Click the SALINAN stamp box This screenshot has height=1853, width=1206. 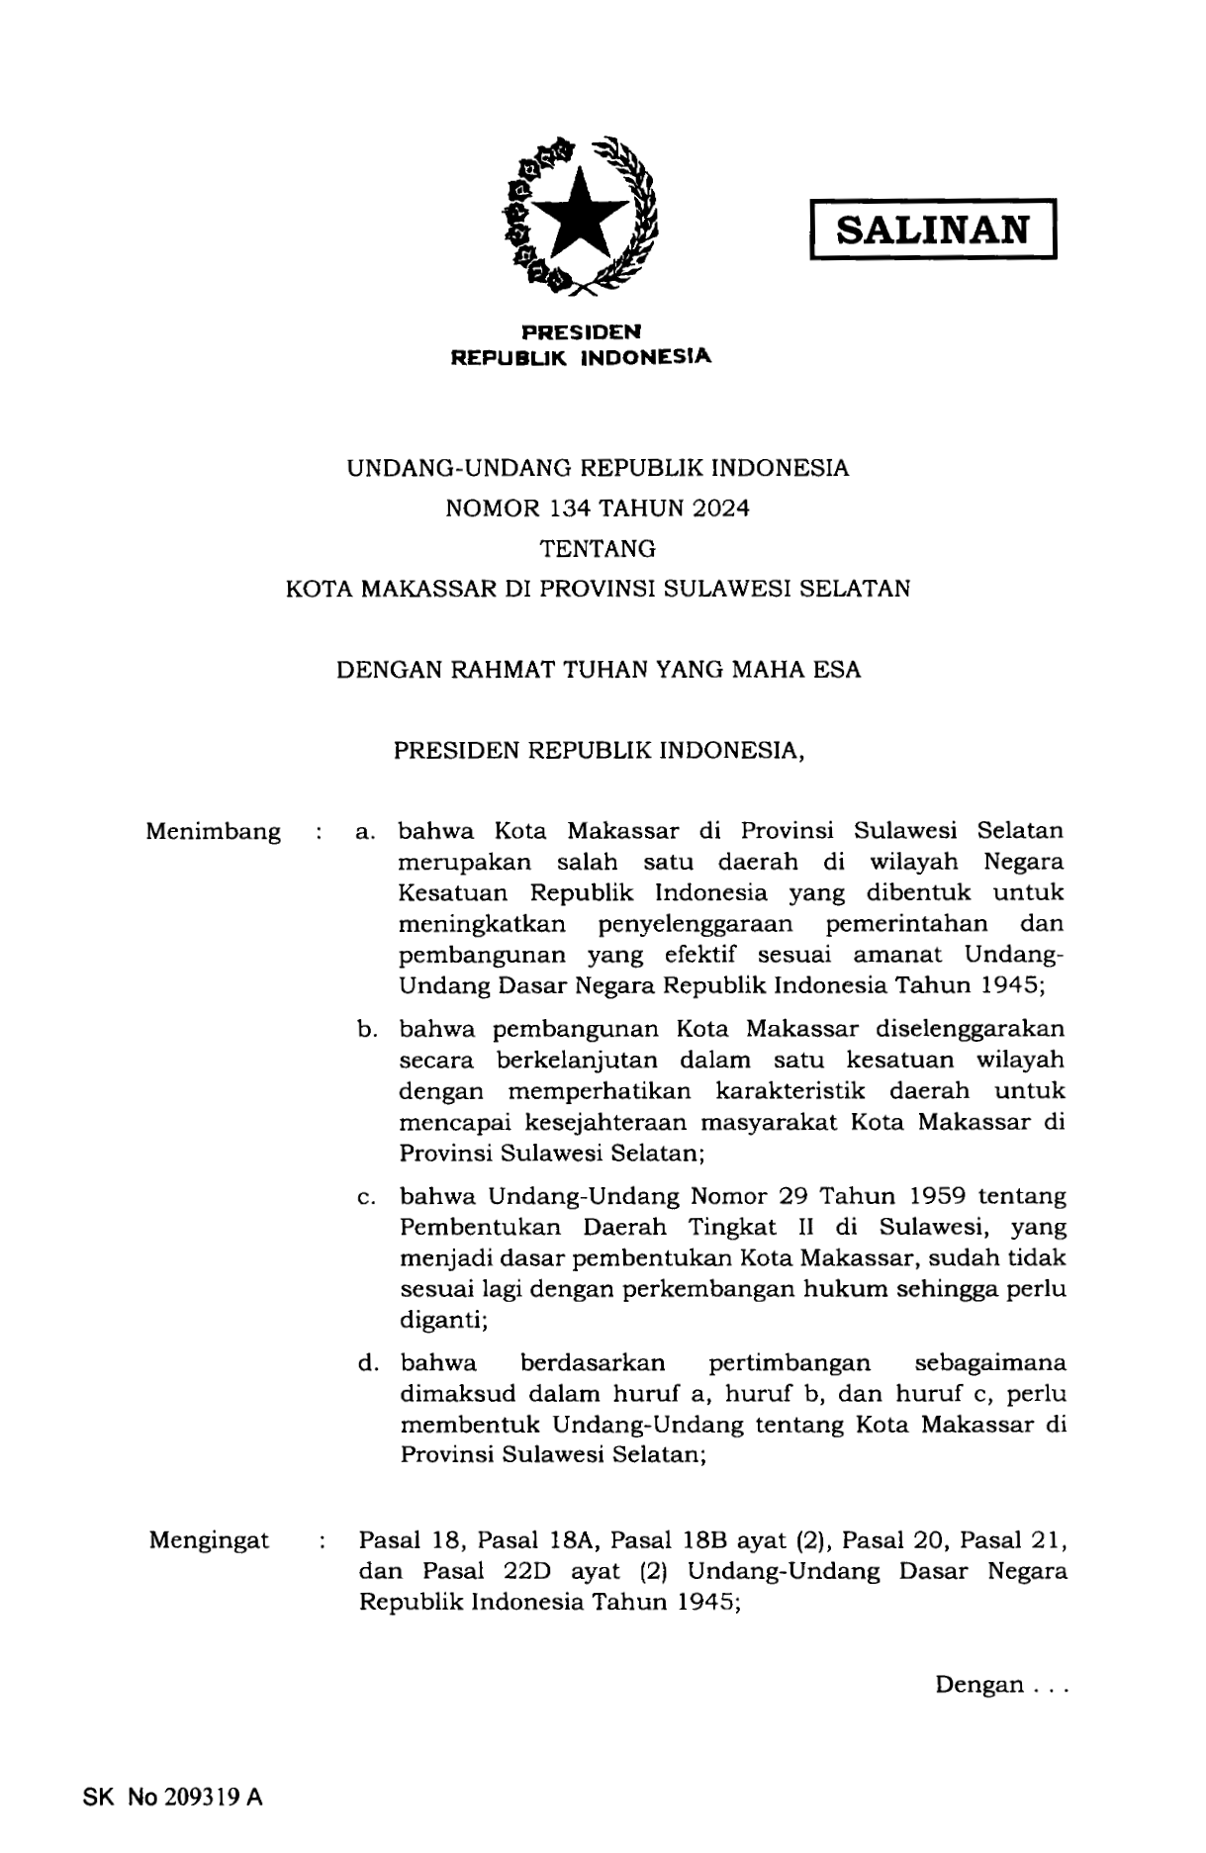(933, 231)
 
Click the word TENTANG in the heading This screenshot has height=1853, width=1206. (598, 548)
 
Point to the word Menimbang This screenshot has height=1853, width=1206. (213, 831)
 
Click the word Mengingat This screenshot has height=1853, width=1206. (209, 1540)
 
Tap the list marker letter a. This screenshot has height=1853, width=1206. (365, 832)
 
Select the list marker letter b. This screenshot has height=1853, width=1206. (366, 1029)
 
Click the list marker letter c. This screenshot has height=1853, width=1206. (365, 1197)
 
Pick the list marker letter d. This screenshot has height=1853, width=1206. (367, 1363)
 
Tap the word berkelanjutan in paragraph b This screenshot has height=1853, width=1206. (576, 1060)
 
